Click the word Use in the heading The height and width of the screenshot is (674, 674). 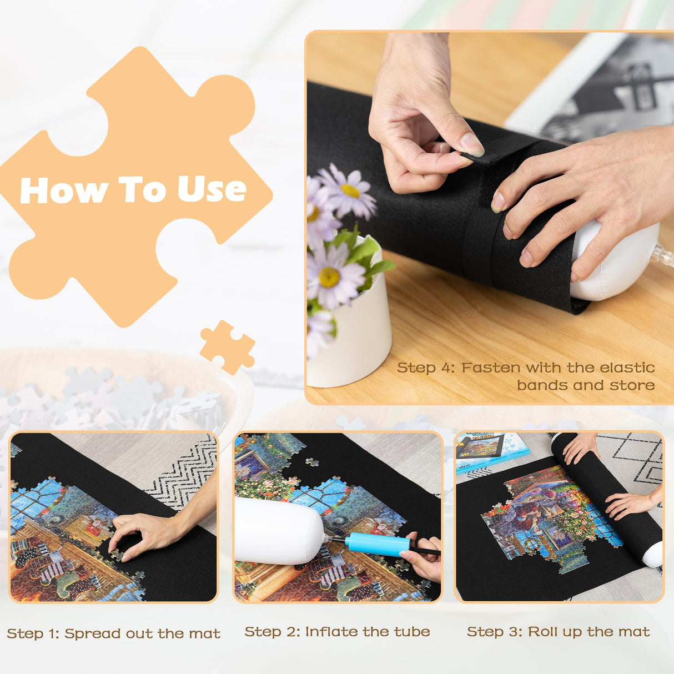(212, 190)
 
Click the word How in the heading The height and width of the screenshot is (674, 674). (64, 191)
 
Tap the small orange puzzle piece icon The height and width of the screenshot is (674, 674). (228, 346)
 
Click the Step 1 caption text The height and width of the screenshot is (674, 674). (113, 633)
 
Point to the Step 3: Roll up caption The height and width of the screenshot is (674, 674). (558, 632)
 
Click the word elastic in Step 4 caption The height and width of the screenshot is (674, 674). (626, 368)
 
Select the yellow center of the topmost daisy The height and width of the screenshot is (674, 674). (350, 191)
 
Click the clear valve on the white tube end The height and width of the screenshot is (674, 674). (663, 255)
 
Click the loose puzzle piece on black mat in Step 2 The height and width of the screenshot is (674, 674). (313, 462)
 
